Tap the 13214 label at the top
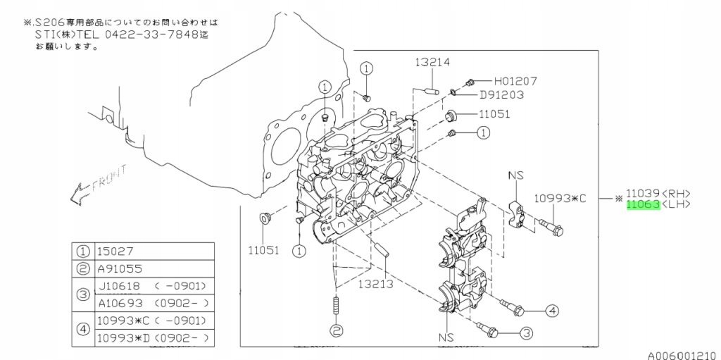click(x=432, y=62)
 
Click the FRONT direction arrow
click(x=99, y=182)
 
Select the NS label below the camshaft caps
click(x=446, y=337)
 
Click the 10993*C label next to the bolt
click(x=560, y=199)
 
